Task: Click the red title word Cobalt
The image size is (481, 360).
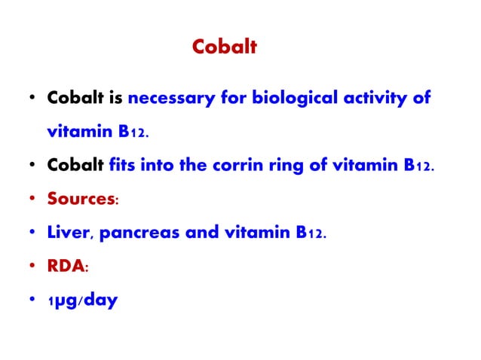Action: coord(225,47)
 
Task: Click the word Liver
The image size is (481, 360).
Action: coord(69,233)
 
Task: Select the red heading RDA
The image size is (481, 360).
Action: coord(64,267)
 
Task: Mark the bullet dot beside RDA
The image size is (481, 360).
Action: coord(32,268)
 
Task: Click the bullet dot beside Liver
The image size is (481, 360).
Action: coord(32,234)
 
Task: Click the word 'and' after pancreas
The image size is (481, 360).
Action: coord(202,233)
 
